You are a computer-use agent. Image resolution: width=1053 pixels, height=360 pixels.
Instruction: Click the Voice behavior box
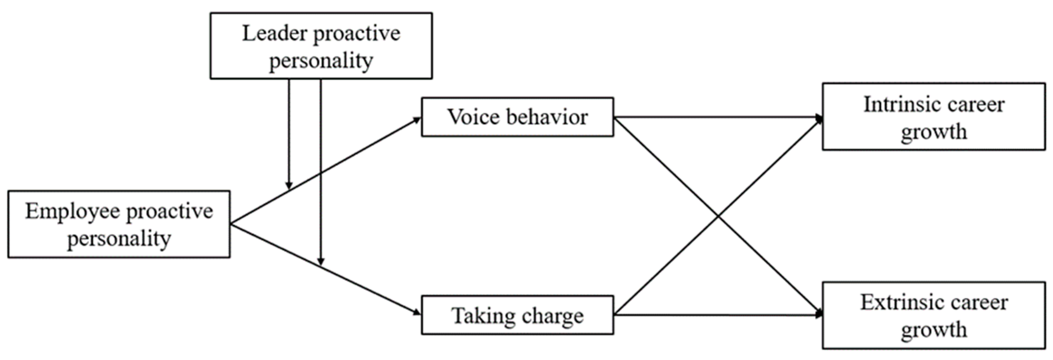(517, 117)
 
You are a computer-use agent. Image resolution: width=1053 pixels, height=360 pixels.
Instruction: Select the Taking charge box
(517, 315)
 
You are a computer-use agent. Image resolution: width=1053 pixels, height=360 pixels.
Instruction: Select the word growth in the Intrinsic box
(934, 132)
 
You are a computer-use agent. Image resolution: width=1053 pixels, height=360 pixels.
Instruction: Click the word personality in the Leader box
(321, 61)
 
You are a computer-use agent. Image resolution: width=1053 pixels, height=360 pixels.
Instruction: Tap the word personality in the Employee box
(119, 239)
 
